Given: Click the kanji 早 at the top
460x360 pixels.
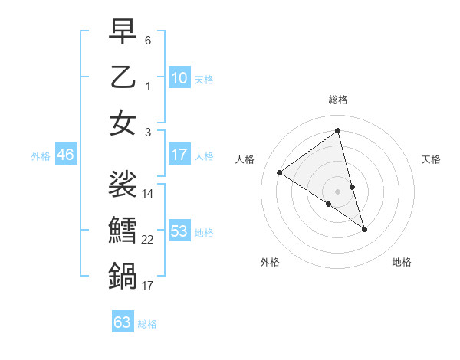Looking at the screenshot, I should pos(123,33).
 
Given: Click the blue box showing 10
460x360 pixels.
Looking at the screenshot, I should pos(179,78).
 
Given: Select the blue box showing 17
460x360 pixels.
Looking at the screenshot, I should pos(179,155).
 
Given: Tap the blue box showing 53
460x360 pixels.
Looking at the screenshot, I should pos(179,231).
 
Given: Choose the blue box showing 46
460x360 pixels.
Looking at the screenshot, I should pos(65,155).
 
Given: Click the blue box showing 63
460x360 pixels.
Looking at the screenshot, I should pos(123,322).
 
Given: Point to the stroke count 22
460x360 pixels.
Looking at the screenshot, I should pos(148,240).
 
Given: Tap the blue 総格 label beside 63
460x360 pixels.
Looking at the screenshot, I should pos(147,324).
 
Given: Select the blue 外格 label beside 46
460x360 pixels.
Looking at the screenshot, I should pos(41,156).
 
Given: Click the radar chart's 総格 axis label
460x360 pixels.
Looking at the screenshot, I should pos(338,100).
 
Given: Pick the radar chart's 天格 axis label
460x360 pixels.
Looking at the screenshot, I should pos(432,159).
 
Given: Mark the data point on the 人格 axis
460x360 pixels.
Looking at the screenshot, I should pos(280,172).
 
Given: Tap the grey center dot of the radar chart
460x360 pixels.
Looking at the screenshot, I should pos(338,191).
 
